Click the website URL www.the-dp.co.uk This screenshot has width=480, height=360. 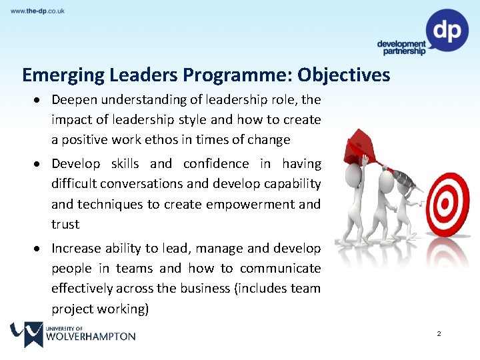(x=37, y=11)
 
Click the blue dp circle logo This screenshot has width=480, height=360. (x=447, y=30)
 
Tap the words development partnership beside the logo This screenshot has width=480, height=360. (x=401, y=47)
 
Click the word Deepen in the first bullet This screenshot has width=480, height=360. (x=73, y=100)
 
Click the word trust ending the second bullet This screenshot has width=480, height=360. (x=65, y=225)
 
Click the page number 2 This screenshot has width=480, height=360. (x=439, y=333)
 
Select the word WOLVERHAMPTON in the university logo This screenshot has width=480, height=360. (x=91, y=337)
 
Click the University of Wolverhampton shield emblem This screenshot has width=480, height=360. (x=26, y=334)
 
